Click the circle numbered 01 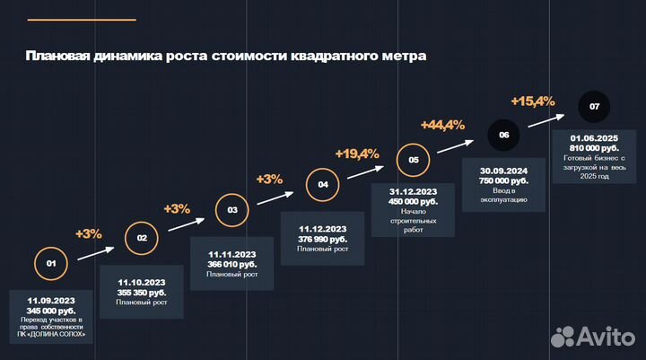(x=51, y=264)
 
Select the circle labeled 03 (x=232, y=210)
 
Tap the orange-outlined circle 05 (x=414, y=161)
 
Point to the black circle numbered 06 (x=504, y=135)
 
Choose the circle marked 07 (x=594, y=107)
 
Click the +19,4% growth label (x=357, y=154)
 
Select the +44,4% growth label (x=442, y=124)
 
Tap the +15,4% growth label (x=533, y=101)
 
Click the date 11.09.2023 (x=51, y=301)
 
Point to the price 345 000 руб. (x=51, y=311)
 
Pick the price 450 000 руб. (x=413, y=201)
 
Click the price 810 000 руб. (x=594, y=147)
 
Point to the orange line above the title (x=81, y=19)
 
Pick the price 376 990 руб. (x=322, y=240)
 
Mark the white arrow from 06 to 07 (x=549, y=119)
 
